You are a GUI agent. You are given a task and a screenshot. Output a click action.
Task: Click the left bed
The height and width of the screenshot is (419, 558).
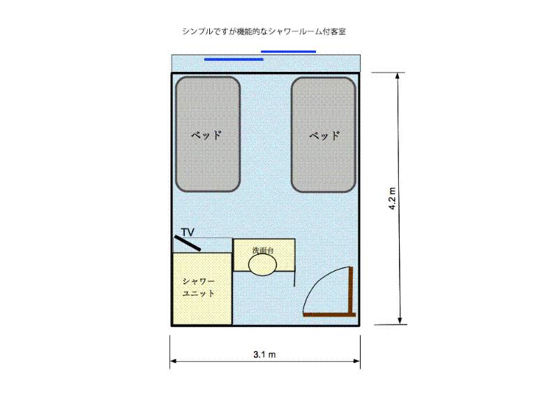pyautogui.click(x=208, y=134)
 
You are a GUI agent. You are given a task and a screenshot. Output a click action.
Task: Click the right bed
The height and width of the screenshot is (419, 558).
pyautogui.click(x=324, y=135)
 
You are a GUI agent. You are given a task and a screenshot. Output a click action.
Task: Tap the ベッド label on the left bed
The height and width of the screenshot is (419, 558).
pyautogui.click(x=206, y=135)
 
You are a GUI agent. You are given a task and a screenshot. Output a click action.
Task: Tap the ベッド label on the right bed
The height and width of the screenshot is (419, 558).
pyautogui.click(x=324, y=135)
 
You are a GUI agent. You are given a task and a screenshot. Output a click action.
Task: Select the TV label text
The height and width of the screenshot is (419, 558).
pyautogui.click(x=188, y=233)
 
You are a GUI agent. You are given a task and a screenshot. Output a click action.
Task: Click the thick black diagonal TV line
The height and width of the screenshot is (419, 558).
pyautogui.click(x=188, y=243)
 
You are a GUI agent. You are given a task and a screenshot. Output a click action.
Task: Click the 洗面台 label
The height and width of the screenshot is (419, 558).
pyautogui.click(x=263, y=251)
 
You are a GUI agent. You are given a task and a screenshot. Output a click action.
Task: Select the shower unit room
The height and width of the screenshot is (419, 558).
pyautogui.click(x=202, y=288)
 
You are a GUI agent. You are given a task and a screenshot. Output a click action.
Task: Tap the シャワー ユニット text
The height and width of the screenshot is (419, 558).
pyautogui.click(x=199, y=288)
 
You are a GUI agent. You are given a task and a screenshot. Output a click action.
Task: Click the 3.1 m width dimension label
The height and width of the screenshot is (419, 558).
pyautogui.click(x=264, y=355)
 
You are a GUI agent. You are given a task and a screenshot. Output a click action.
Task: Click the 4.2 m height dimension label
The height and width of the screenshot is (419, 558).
pyautogui.click(x=392, y=198)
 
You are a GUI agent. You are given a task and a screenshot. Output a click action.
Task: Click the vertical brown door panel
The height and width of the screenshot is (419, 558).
pyautogui.click(x=351, y=290)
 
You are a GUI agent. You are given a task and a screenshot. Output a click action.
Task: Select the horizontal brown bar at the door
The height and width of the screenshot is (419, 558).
pyautogui.click(x=329, y=315)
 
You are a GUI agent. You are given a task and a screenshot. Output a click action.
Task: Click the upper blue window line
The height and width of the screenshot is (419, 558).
pyautogui.click(x=288, y=52)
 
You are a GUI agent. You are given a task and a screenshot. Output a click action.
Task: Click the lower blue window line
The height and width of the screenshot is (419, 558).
pyautogui.click(x=234, y=59)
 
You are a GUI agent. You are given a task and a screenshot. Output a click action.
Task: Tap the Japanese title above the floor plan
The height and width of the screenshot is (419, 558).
pyautogui.click(x=264, y=31)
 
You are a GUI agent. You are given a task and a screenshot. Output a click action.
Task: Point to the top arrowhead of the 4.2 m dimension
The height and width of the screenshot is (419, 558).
pyautogui.click(x=398, y=75)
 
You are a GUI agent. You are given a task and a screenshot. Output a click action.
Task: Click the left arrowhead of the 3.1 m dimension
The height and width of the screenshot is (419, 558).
pyautogui.click(x=173, y=361)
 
